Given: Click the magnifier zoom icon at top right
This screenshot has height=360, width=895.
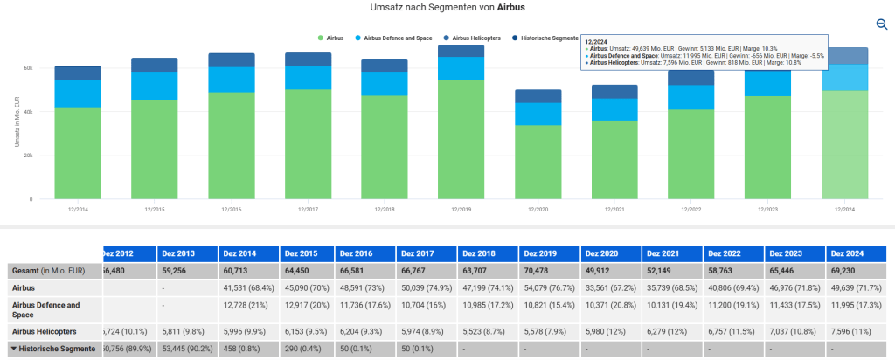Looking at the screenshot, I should coord(882,24).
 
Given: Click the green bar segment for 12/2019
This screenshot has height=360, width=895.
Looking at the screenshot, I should coord(461,140).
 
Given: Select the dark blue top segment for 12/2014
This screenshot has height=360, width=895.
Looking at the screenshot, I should coord(77,73).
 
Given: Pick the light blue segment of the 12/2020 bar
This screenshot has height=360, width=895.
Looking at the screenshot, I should coord(538,114).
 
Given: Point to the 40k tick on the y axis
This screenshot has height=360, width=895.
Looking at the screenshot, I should coord(28,112).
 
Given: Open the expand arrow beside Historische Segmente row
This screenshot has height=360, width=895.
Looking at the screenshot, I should coord(14,349).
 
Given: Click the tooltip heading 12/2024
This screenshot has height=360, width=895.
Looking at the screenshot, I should coord(596,41).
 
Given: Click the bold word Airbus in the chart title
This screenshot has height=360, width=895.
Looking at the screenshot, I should coord(510,7).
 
